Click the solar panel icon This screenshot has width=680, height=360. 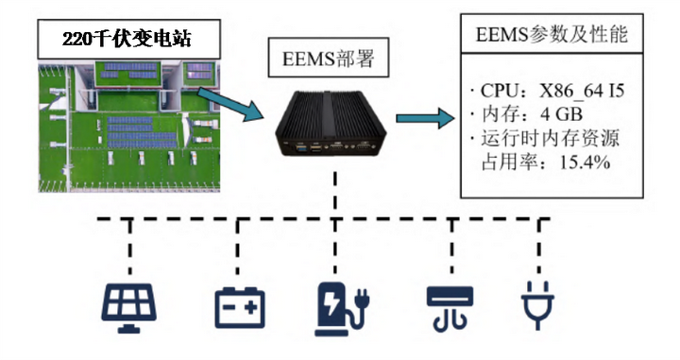[x=128, y=307]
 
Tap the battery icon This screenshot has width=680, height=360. [x=240, y=307]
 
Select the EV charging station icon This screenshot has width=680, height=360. [x=341, y=308]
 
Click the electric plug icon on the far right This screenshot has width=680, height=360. [x=537, y=305]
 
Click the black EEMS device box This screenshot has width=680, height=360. [x=331, y=123]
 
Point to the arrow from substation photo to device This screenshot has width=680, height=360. [x=230, y=104]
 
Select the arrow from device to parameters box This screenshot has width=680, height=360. [x=425, y=118]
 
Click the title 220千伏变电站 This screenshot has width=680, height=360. [x=128, y=39]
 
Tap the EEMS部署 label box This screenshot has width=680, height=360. [x=329, y=58]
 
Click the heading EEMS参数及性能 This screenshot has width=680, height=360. [x=552, y=34]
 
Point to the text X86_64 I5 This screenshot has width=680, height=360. [x=582, y=92]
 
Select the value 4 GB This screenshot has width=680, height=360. [x=561, y=114]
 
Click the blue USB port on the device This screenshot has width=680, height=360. [x=299, y=148]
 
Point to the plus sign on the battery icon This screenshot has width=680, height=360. [x=251, y=307]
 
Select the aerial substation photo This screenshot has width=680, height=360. [x=128, y=127]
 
